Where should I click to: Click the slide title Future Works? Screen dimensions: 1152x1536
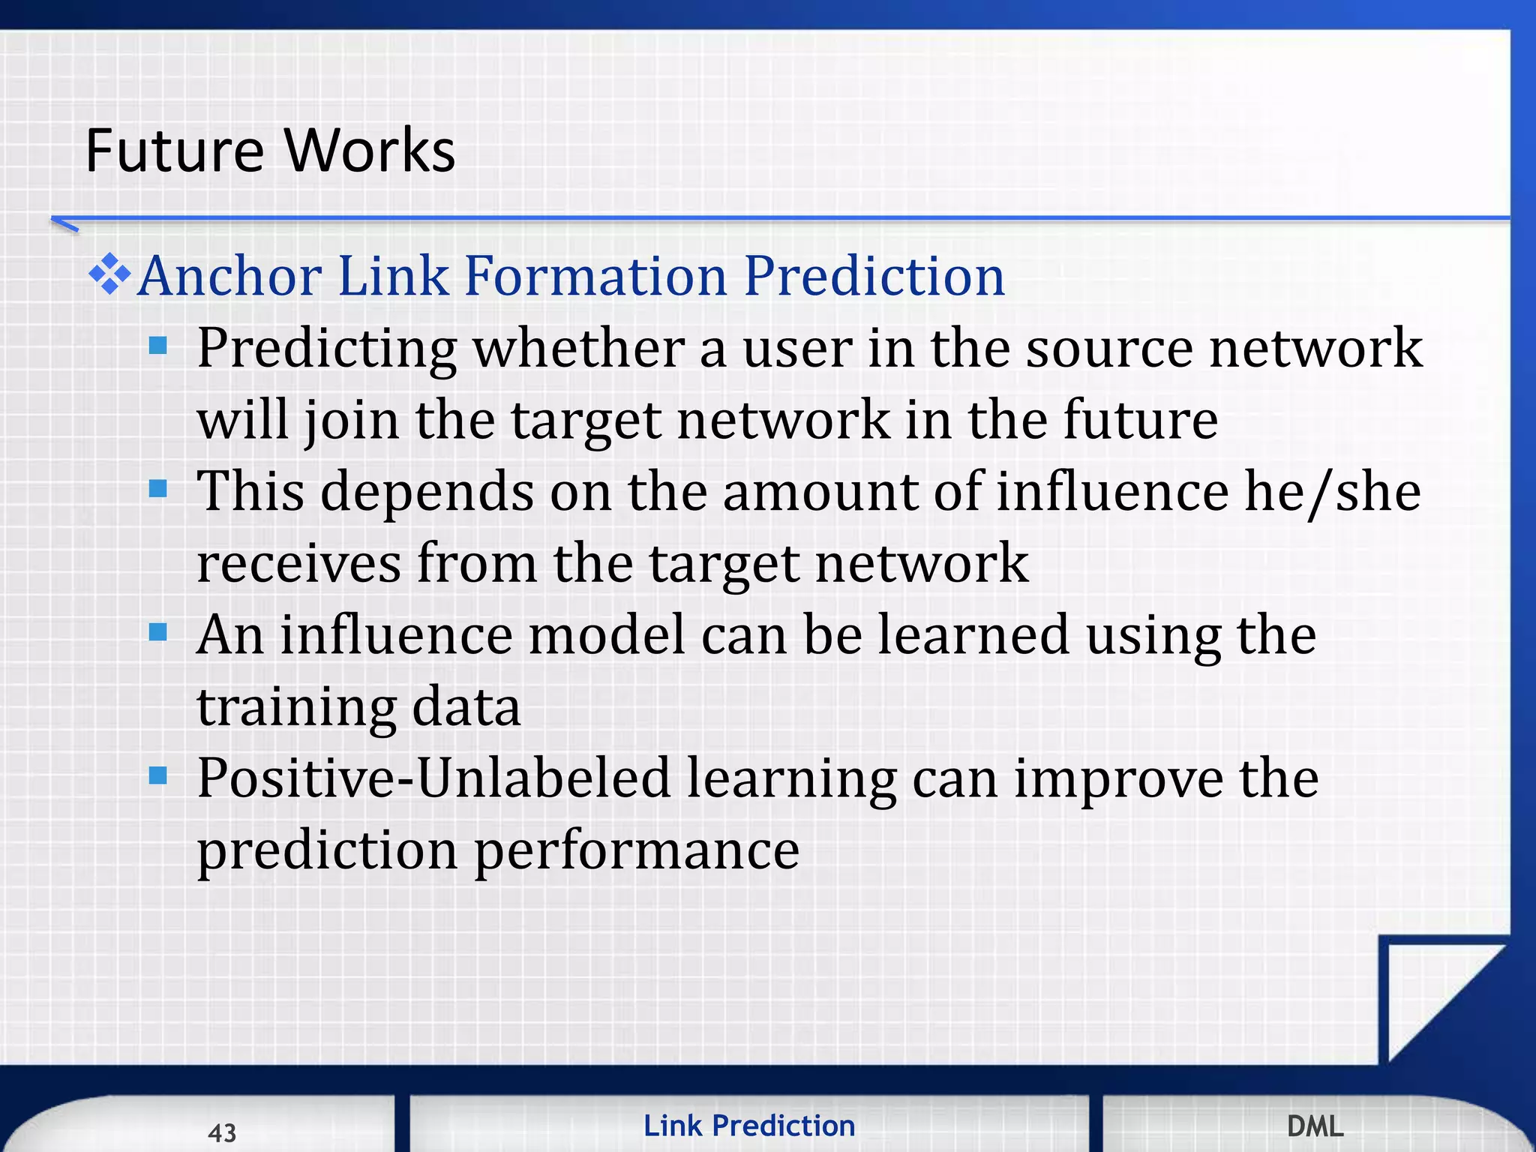tap(270, 151)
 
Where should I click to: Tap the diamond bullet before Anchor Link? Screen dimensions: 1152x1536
tap(109, 274)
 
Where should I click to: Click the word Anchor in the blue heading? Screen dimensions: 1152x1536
tap(230, 276)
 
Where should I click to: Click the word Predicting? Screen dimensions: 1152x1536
tap(326, 349)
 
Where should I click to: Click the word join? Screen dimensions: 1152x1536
tap(351, 421)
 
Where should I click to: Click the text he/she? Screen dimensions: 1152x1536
tap(1332, 492)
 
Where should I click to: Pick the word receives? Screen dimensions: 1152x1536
tap(298, 564)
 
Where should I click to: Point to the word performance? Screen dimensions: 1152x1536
tap(637, 850)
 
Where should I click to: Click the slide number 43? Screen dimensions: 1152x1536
tap(222, 1132)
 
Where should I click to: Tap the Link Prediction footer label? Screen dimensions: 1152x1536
tap(749, 1126)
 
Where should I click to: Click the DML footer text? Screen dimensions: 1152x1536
tap(1315, 1126)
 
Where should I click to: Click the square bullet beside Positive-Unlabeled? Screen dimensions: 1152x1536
tap(157, 775)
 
